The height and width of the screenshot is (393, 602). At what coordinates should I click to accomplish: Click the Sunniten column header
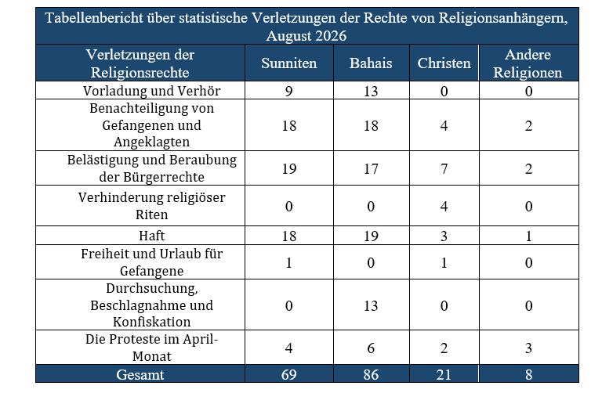pos(288,63)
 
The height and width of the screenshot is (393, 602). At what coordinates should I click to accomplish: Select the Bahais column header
pos(371,63)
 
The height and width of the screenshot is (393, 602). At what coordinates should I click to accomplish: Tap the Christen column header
pos(444,63)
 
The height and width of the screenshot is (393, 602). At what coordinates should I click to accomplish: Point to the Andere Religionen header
pos(528,63)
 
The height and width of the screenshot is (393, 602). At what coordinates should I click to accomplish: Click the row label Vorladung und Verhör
pos(151,91)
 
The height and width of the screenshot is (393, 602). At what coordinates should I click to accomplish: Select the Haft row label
pos(151,236)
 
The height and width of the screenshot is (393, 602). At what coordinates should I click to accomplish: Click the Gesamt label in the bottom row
pos(140,374)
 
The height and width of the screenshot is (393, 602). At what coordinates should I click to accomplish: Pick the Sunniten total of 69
pos(288,374)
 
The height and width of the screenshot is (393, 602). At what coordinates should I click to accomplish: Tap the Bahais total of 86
pos(371,374)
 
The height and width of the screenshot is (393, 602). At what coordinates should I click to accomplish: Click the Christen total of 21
pos(444,374)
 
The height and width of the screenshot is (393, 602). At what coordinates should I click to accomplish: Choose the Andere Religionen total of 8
pos(528,374)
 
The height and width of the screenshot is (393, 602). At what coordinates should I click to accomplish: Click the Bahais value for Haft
pos(371,236)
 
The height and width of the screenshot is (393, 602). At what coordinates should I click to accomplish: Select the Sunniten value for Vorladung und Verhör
pos(288,92)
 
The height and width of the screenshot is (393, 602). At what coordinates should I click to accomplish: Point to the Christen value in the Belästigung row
pos(444,168)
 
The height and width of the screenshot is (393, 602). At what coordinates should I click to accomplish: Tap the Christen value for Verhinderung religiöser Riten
pos(444,206)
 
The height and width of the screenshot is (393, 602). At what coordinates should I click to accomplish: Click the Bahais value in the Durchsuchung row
pos(371,305)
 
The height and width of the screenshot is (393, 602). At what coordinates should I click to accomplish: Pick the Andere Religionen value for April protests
pos(528,348)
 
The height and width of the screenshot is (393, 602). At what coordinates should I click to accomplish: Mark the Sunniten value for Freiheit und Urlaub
pos(288,262)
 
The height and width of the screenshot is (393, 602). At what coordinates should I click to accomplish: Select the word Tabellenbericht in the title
pos(94,18)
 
